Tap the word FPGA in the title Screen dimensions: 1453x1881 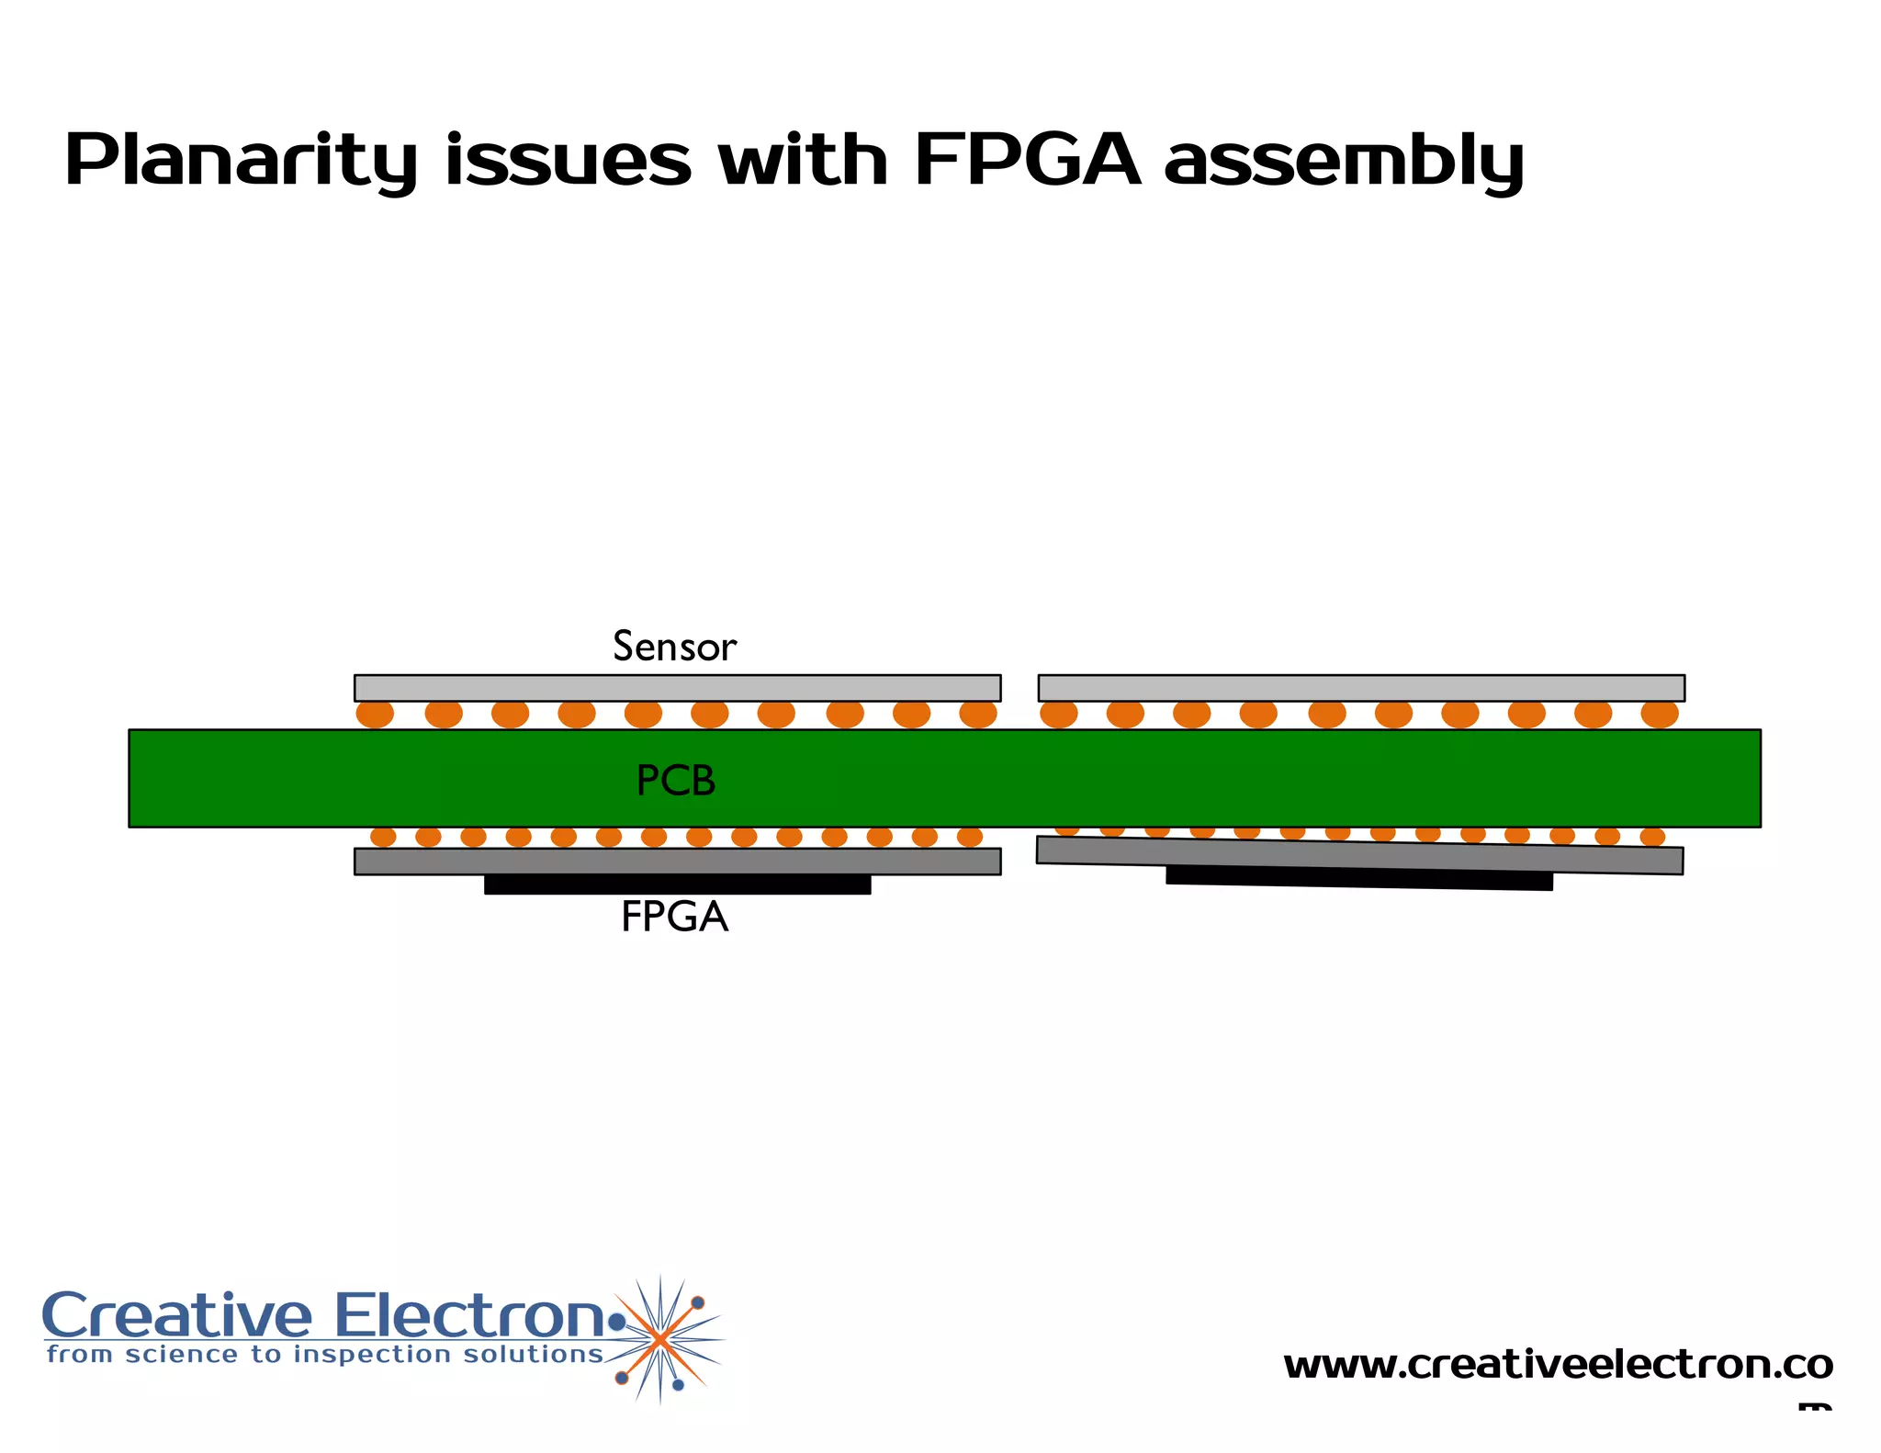1027,161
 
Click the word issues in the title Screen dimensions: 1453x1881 568,161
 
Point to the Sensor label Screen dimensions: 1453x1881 674,647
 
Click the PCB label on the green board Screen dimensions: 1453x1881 676,781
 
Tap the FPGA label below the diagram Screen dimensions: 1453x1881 674,917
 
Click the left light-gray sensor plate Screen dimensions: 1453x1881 677,688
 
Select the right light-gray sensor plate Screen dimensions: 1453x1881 1361,688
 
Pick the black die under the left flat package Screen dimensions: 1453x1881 677,884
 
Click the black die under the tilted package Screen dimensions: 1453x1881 1359,878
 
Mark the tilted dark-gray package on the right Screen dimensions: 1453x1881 1359,855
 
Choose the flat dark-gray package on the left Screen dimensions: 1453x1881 677,862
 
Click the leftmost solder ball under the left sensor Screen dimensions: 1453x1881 375,714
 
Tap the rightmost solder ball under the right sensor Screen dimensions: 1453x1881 1660,714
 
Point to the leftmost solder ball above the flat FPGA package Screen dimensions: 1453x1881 383,837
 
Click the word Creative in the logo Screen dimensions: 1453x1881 177,1316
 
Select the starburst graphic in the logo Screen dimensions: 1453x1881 660,1339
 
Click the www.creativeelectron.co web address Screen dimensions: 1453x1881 1558,1365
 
